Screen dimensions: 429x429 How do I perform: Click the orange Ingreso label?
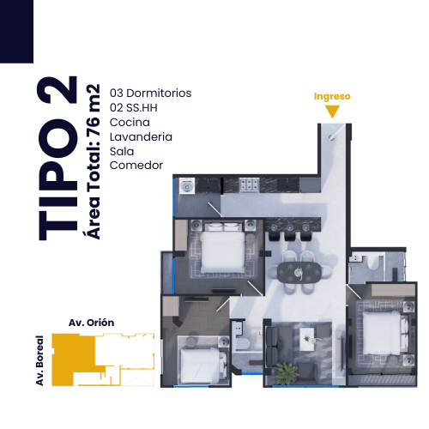[332, 97]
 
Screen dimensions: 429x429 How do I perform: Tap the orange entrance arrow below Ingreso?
[332, 111]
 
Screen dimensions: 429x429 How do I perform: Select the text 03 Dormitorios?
[150, 93]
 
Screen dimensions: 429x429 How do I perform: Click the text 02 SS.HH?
[134, 107]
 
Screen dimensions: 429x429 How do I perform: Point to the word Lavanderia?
[141, 136]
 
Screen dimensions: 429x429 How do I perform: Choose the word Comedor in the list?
[136, 165]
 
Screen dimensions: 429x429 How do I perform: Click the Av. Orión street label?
[91, 323]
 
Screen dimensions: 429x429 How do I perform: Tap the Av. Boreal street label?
[39, 360]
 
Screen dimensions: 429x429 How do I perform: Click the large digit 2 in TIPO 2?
[57, 89]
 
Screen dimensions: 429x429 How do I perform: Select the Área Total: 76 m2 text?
[92, 161]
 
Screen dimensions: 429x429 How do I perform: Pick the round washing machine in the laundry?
[187, 186]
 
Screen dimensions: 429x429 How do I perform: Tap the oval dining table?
[299, 273]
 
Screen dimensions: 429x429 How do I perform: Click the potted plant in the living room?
[286, 372]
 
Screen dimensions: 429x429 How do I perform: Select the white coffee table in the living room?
[307, 339]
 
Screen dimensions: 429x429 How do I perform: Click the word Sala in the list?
[122, 151]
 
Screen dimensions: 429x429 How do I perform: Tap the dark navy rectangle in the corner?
[16, 32]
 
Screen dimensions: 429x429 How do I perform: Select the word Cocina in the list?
[130, 122]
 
